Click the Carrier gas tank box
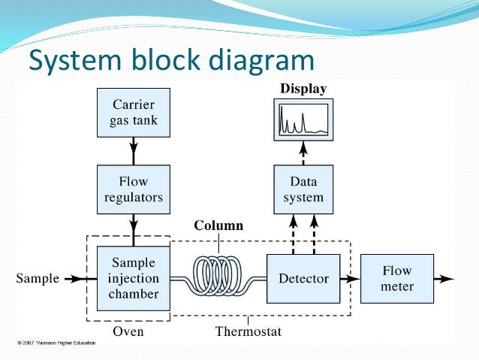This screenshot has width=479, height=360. click(x=134, y=113)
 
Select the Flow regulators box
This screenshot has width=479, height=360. click(x=134, y=189)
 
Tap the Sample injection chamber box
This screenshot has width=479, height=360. click(x=134, y=278)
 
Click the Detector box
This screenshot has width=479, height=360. click(x=303, y=278)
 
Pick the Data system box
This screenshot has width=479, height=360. click(x=303, y=189)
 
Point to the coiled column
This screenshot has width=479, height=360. click(x=220, y=277)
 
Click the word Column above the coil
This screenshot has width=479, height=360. click(x=218, y=225)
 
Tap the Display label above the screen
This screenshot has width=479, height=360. click(x=303, y=89)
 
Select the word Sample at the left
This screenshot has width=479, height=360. click(x=38, y=279)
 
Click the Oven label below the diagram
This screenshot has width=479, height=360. click(x=128, y=331)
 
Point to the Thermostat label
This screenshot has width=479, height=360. click(x=249, y=331)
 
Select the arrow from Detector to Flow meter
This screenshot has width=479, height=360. click(x=350, y=279)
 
